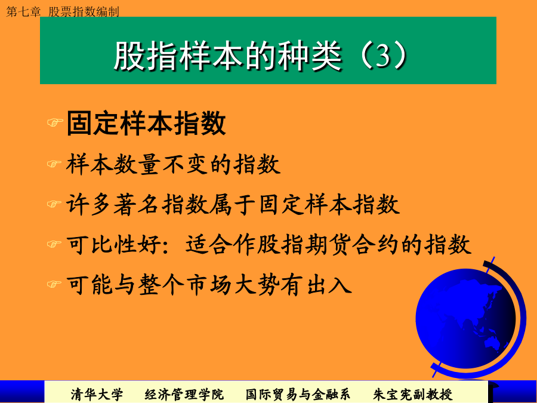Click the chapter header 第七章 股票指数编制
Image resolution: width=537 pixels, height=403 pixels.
click(x=63, y=12)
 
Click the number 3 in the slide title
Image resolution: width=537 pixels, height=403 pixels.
click(x=383, y=55)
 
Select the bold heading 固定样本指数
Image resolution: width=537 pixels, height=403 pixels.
click(x=146, y=123)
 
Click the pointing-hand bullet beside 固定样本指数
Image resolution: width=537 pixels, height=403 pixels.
click(x=55, y=122)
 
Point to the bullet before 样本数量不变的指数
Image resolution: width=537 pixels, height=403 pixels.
click(x=54, y=164)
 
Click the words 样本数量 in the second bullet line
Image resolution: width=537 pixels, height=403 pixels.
click(x=113, y=164)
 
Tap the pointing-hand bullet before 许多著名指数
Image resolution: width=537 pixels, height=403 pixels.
click(x=54, y=204)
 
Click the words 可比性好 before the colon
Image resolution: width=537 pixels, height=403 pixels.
click(x=113, y=244)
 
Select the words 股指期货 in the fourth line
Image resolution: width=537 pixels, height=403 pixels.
click(x=304, y=244)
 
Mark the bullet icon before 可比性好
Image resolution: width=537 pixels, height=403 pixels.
click(x=54, y=244)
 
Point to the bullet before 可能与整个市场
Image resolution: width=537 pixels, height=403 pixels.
click(x=54, y=284)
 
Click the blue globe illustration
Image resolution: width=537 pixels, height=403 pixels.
click(x=469, y=318)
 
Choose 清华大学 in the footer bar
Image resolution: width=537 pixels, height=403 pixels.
click(x=97, y=395)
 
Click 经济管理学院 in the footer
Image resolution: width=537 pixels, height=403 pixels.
click(x=184, y=395)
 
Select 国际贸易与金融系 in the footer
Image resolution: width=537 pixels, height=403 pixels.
click(x=298, y=395)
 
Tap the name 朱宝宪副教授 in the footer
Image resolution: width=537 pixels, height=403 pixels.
click(x=413, y=395)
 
